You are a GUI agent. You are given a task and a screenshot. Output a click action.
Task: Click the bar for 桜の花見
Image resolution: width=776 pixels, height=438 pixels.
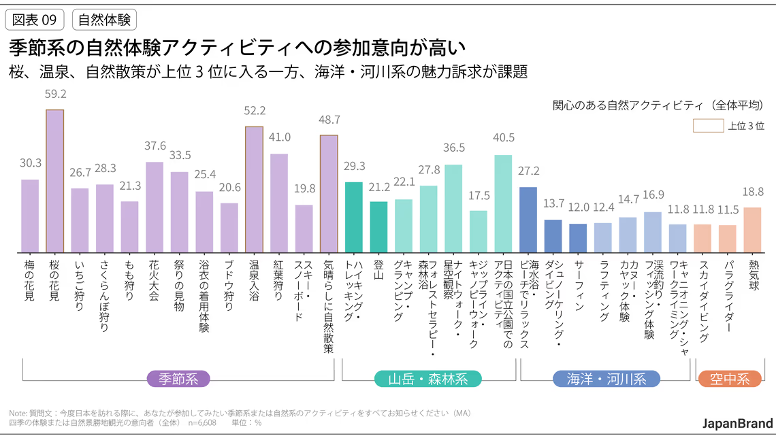coord(55,181)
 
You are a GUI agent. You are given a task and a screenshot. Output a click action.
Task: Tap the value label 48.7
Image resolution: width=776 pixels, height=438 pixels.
coord(329,120)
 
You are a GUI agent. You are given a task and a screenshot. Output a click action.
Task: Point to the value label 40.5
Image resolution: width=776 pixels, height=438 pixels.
coord(503,137)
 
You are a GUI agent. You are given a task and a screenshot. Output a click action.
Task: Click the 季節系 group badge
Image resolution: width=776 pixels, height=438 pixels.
coord(178,379)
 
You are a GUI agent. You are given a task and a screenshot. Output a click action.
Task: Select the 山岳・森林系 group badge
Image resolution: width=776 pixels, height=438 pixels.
coord(428,379)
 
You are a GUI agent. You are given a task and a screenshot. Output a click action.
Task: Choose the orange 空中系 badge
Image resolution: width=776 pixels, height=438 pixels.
coord(729,379)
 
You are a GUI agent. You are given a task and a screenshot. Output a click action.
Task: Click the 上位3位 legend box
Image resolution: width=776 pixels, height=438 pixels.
coord(707,126)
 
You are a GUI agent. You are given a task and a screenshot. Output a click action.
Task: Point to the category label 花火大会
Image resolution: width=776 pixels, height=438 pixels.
coord(155,285)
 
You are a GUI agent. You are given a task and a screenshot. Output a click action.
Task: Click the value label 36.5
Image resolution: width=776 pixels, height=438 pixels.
coord(453,148)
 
